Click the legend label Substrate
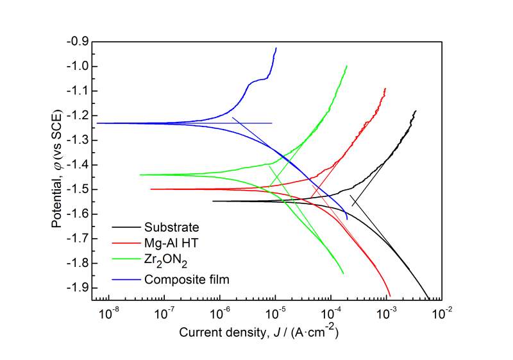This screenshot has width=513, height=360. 172,227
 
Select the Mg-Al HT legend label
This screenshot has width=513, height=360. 171,244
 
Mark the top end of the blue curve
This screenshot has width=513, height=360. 276,48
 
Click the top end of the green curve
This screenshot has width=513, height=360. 347,65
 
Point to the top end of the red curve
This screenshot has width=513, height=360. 385,89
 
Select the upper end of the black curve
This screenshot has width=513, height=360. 434,111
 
